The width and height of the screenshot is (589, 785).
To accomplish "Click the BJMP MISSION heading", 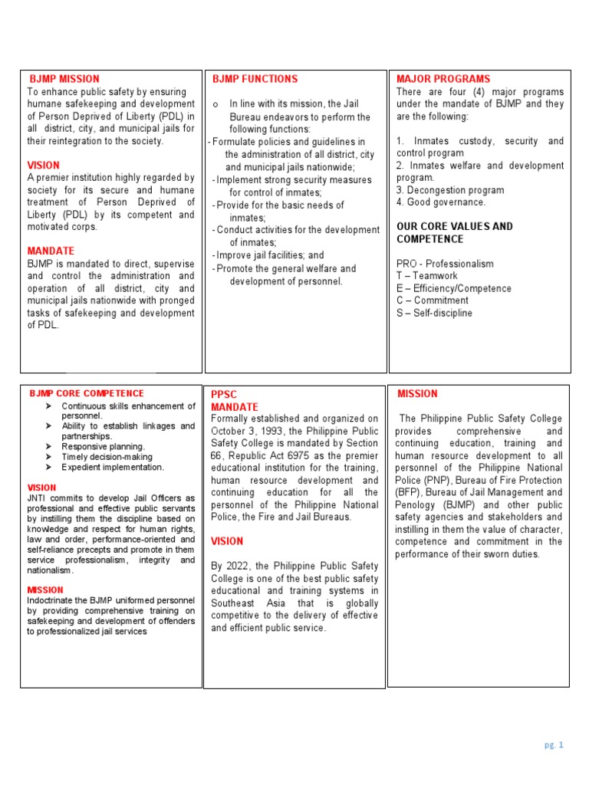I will tap(64, 79).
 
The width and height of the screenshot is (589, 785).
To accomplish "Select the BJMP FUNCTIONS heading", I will tap(255, 79).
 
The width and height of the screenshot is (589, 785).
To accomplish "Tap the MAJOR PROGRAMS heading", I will tap(443, 79).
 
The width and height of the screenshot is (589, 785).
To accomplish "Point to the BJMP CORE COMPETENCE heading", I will tap(87, 393).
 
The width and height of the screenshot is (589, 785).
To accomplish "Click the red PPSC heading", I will tap(224, 395).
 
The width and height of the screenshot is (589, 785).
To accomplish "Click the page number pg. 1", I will tap(554, 744).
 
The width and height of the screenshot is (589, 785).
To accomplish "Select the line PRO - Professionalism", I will tap(445, 264).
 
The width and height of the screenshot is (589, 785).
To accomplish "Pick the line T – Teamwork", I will tap(426, 276).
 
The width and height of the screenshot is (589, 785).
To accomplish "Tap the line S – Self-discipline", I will tap(434, 313).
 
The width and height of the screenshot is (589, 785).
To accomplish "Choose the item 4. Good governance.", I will tap(441, 202).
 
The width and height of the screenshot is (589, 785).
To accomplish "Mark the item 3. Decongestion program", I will tap(450, 190).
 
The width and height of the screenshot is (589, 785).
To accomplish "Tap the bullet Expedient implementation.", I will tap(113, 467).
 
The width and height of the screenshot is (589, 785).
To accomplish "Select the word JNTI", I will tap(38, 498).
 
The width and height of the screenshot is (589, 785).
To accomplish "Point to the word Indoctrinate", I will tap(53, 600).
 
